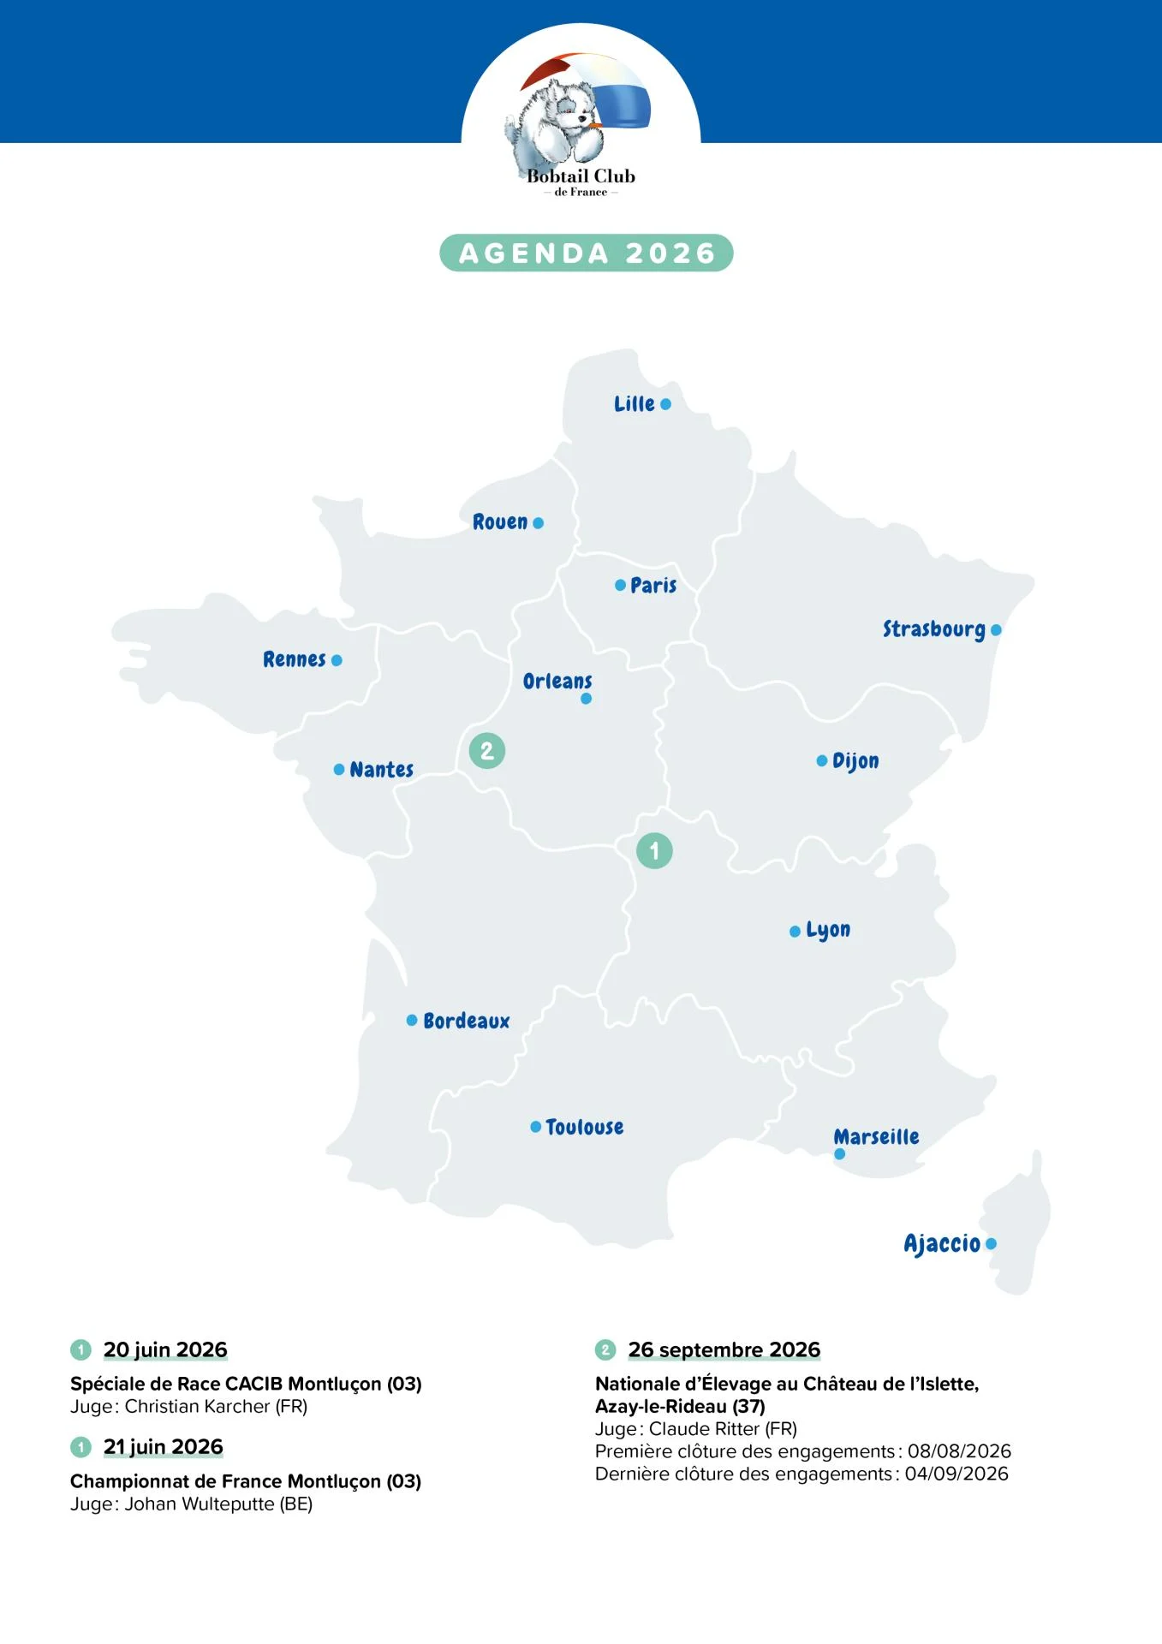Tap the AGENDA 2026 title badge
[x=587, y=253]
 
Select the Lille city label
[x=634, y=404]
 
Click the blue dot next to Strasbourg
[x=996, y=630]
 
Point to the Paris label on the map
[x=653, y=586]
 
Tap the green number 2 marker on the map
[x=487, y=751]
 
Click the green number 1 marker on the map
[x=654, y=851]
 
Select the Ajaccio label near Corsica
[x=941, y=1243]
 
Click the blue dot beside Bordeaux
[x=412, y=1020]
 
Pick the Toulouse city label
[x=584, y=1127]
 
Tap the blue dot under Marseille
[x=839, y=1154]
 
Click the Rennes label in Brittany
[x=294, y=659]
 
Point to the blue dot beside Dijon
[x=822, y=760]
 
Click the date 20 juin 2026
[x=165, y=1349]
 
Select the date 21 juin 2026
[x=163, y=1446]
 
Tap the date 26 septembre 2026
[x=724, y=1349]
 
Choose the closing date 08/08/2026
[x=959, y=1450]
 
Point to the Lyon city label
[x=828, y=930]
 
